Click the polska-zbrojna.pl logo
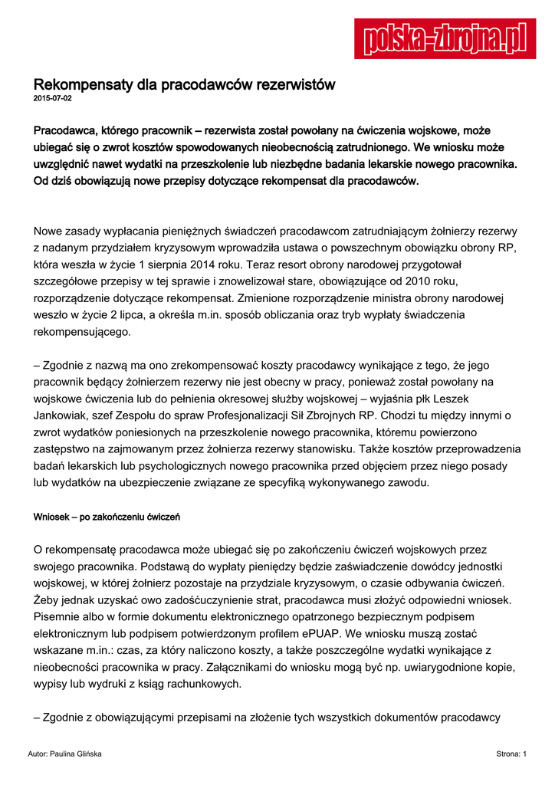coord(445,38)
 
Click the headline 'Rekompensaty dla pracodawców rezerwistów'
coord(185,84)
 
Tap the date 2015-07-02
coord(53,99)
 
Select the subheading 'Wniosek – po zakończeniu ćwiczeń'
coord(107,517)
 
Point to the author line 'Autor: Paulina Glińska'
coord(64,754)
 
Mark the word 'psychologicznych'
coord(198,466)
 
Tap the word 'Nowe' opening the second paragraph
coord(49,230)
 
